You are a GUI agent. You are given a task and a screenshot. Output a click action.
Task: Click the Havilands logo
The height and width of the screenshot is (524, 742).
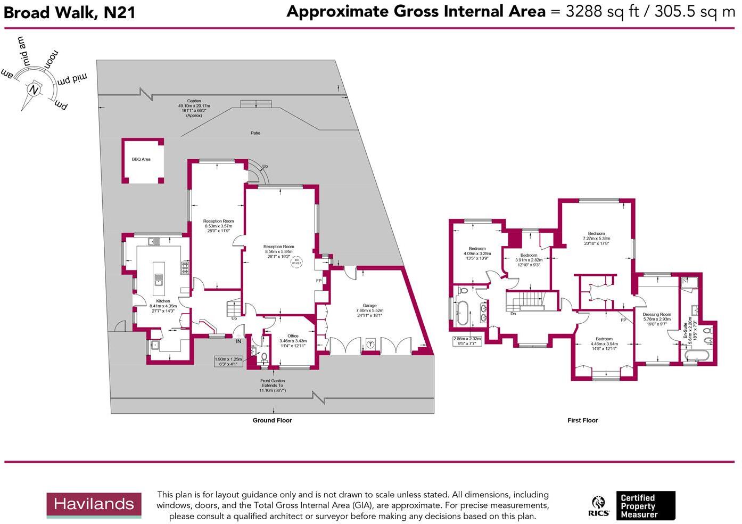tap(94, 505)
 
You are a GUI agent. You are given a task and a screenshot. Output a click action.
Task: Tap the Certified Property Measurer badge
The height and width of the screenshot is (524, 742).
tap(645, 506)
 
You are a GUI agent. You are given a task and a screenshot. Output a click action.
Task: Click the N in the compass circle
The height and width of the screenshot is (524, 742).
tap(34, 89)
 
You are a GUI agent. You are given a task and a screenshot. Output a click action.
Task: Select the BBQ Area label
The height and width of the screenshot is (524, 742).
tap(141, 159)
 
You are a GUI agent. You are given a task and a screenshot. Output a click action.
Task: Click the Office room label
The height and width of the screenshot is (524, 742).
tap(293, 336)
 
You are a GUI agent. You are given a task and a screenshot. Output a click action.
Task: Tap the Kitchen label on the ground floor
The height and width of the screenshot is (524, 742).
tap(163, 301)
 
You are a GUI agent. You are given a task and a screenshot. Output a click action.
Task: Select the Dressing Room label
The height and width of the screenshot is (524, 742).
tap(657, 315)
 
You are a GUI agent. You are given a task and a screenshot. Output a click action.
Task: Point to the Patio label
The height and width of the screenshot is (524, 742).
tap(255, 133)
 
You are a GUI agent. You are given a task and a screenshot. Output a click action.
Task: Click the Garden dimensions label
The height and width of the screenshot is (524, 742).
tap(194, 108)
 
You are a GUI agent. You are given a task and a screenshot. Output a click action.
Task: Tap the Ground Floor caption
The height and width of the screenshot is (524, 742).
tap(272, 421)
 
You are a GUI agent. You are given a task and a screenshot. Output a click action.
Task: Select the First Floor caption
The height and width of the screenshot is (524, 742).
tap(582, 421)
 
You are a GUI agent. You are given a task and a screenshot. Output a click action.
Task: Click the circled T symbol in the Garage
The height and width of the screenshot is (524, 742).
tap(370, 345)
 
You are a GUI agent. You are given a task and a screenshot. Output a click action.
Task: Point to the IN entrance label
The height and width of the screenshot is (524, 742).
tap(238, 341)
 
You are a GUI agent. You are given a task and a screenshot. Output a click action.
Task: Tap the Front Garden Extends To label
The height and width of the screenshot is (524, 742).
tap(273, 386)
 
